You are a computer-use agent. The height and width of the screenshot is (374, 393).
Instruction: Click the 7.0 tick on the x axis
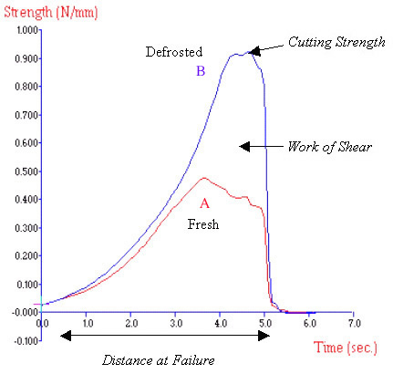pyautogui.click(x=353, y=324)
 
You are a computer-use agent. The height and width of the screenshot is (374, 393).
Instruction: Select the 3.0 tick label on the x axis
pyautogui.click(x=175, y=324)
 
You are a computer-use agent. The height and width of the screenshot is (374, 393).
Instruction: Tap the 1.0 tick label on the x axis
pyautogui.click(x=87, y=324)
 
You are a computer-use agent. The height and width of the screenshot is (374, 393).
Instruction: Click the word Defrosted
pyautogui.click(x=173, y=52)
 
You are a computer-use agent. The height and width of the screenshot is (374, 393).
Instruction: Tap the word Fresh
pyautogui.click(x=204, y=224)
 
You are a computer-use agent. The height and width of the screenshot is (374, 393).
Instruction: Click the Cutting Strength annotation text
pyautogui.click(x=329, y=42)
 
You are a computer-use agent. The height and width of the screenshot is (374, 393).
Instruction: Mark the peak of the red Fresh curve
pyautogui.click(x=203, y=178)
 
